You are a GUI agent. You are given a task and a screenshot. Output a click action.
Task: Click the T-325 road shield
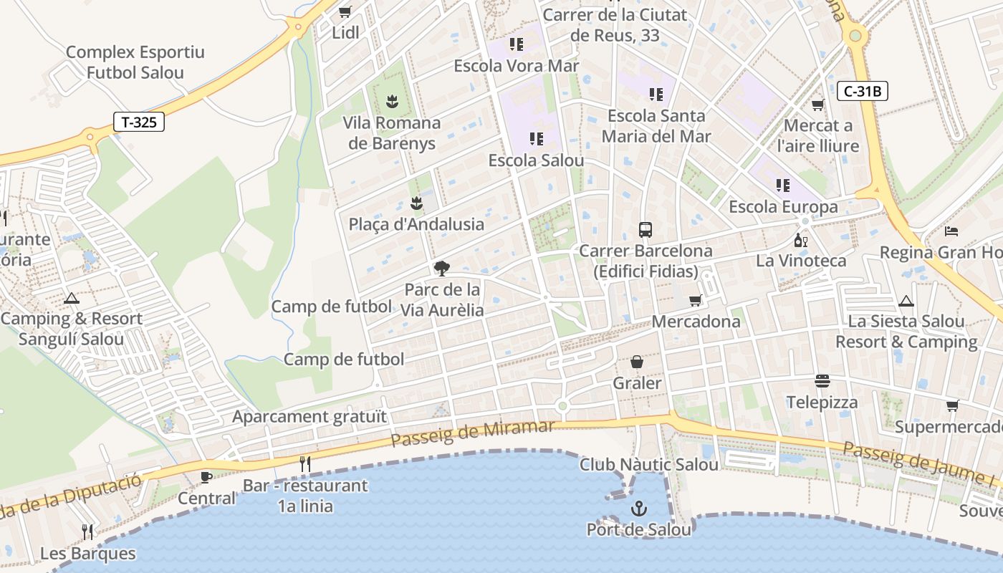[x=139, y=122]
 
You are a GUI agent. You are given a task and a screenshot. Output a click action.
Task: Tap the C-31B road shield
[x=862, y=91]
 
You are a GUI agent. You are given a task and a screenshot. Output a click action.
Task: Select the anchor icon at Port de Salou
[x=638, y=509]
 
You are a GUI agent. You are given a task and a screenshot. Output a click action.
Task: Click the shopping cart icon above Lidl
[x=345, y=11]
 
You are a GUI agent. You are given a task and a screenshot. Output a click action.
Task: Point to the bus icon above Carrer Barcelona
[x=646, y=230]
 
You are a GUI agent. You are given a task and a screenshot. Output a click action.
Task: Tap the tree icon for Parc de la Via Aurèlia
[x=442, y=269]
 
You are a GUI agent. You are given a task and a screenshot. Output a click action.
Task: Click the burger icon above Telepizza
[x=822, y=381]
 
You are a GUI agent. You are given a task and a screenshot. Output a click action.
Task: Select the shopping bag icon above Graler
[x=636, y=362]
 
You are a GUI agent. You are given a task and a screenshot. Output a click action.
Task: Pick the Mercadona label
[x=696, y=322]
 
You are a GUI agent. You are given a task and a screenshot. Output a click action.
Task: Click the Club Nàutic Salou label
[x=649, y=465]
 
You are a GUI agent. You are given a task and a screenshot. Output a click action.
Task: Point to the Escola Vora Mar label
[x=516, y=66]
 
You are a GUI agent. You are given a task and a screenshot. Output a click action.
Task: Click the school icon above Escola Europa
[x=783, y=186]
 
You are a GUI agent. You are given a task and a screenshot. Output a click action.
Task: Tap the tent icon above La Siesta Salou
[x=906, y=301]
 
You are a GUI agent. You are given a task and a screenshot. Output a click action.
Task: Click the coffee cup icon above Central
[x=206, y=477]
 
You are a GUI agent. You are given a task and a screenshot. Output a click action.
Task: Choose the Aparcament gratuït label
[x=309, y=417]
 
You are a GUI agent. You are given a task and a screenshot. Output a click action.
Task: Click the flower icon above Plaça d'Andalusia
[x=416, y=203]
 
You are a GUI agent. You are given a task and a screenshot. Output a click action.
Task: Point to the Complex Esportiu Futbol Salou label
[x=135, y=62]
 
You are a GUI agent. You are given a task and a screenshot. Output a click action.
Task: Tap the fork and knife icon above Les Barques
[x=87, y=531]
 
